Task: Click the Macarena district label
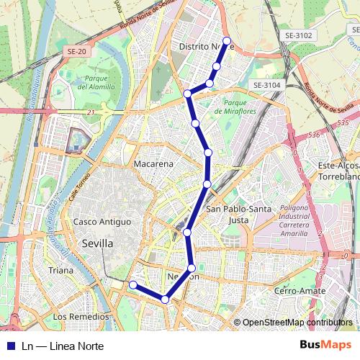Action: pyautogui.click(x=153, y=164)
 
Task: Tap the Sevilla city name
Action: pyautogui.click(x=97, y=243)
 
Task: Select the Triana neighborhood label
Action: pyautogui.click(x=60, y=270)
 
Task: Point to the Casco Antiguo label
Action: pyautogui.click(x=102, y=222)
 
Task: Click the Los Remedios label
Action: pyautogui.click(x=81, y=317)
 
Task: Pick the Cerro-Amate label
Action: pyautogui.click(x=300, y=290)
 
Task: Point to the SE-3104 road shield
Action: pyautogui.click(x=266, y=85)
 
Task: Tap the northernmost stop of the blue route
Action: pyautogui.click(x=227, y=41)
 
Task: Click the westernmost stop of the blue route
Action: pyautogui.click(x=132, y=285)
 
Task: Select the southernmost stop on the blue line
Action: pyautogui.click(x=165, y=300)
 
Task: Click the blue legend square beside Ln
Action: pyautogui.click(x=11, y=346)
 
